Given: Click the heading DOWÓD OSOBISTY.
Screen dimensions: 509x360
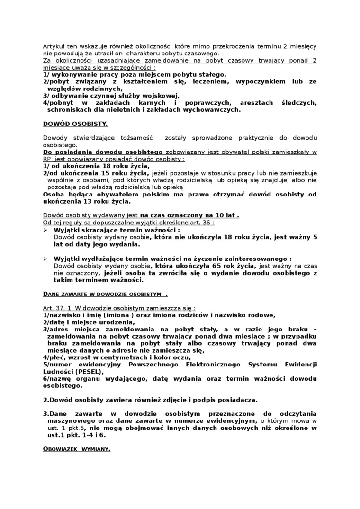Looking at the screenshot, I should tap(75, 124).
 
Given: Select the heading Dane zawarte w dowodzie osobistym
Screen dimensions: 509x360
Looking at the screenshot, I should tap(105, 294).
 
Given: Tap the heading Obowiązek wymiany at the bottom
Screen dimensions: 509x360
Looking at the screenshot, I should tap(77, 449).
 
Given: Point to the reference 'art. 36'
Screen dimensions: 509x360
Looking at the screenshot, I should tap(201, 222).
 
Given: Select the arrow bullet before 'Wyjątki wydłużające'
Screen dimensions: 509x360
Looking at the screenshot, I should tap(45, 259).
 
